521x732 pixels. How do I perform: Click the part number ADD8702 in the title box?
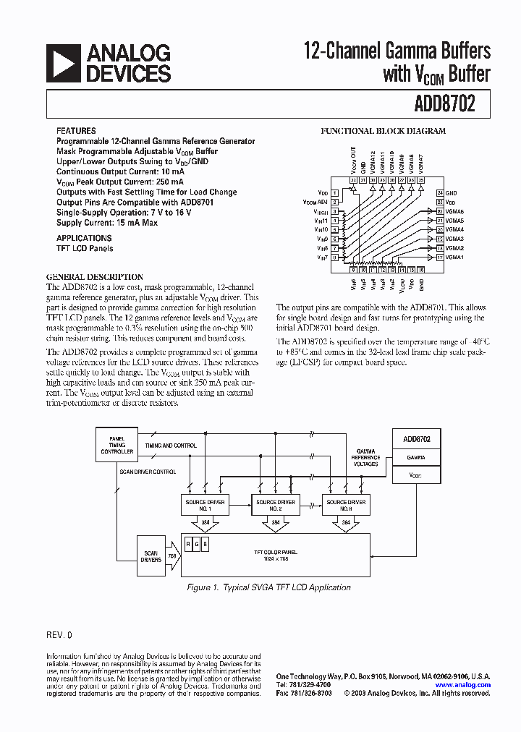444,104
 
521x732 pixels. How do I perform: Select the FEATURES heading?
75,132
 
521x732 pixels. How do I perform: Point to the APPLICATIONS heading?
84,238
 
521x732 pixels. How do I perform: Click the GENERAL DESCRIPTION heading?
95,277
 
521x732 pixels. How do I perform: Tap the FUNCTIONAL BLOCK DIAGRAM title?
383,132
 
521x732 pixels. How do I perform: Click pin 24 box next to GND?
439,193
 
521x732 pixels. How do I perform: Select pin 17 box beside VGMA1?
439,257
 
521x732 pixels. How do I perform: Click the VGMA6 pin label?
455,212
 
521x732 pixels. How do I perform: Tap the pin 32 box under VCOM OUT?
354,179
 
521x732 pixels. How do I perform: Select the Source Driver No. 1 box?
205,504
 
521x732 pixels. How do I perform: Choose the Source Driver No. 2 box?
276,504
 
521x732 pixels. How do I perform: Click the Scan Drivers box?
151,556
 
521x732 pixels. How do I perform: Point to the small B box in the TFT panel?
205,544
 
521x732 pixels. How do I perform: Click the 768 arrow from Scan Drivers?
173,556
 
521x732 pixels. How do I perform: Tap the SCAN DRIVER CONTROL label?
148,471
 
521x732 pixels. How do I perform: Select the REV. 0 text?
59,634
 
